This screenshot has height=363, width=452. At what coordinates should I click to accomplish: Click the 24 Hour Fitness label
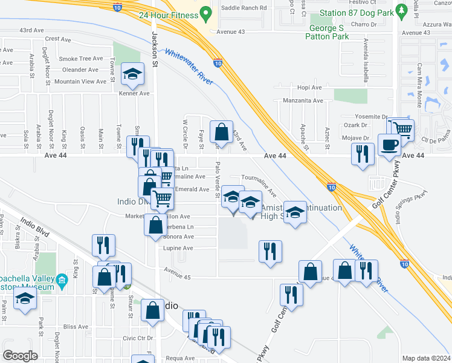168,15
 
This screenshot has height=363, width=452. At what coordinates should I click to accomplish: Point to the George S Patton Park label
329,32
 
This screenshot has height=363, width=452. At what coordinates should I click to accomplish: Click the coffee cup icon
388,144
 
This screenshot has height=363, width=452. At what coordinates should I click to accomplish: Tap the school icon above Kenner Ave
132,74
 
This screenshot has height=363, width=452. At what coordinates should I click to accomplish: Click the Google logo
21,355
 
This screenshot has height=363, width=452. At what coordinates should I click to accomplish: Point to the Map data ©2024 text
425,358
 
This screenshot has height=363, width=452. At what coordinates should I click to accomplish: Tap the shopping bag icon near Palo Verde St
221,132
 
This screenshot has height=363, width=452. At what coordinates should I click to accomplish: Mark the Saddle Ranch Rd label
244,8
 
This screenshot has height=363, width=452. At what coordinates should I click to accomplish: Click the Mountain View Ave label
80,81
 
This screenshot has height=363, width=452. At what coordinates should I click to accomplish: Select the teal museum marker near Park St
62,280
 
